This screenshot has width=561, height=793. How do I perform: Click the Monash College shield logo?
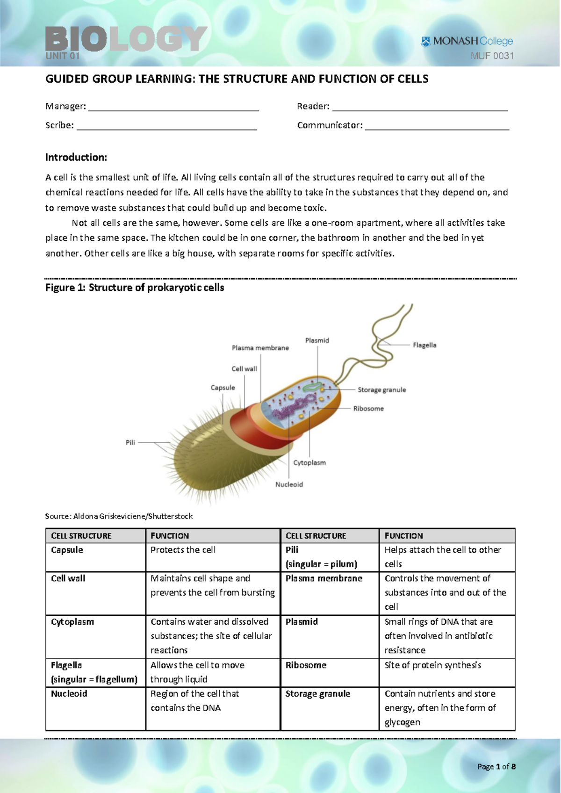click(426, 42)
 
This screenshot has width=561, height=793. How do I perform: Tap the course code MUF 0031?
click(492, 56)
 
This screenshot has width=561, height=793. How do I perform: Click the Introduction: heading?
click(76, 158)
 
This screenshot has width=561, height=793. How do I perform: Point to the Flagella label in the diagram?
click(424, 345)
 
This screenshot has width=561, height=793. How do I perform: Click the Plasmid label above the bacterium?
click(317, 340)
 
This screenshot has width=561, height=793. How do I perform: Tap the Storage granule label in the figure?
click(381, 390)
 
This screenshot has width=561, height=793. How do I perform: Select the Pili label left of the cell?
click(130, 442)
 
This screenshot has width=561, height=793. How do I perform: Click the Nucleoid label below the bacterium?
click(289, 484)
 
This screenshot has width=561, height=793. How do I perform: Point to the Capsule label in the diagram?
click(223, 388)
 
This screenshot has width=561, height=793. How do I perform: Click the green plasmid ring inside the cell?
click(312, 387)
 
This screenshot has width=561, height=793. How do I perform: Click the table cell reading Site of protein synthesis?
click(432, 665)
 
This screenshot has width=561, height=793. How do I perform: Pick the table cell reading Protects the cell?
click(183, 550)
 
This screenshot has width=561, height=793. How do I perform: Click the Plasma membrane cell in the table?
click(324, 578)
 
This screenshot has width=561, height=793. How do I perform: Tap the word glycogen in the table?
click(402, 722)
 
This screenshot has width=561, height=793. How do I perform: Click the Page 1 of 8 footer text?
click(496, 766)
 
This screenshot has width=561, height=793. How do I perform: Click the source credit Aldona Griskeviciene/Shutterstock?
click(119, 516)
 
